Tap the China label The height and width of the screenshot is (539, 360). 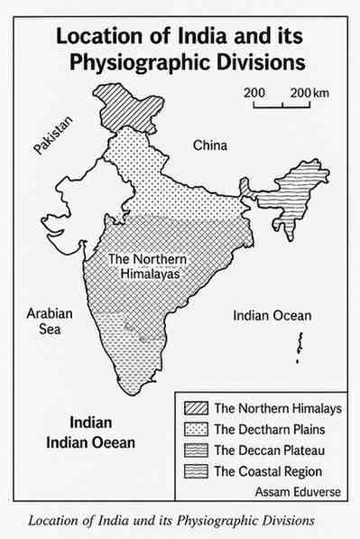210,145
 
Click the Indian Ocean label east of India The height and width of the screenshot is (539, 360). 272,316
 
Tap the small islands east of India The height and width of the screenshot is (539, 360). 299,345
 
